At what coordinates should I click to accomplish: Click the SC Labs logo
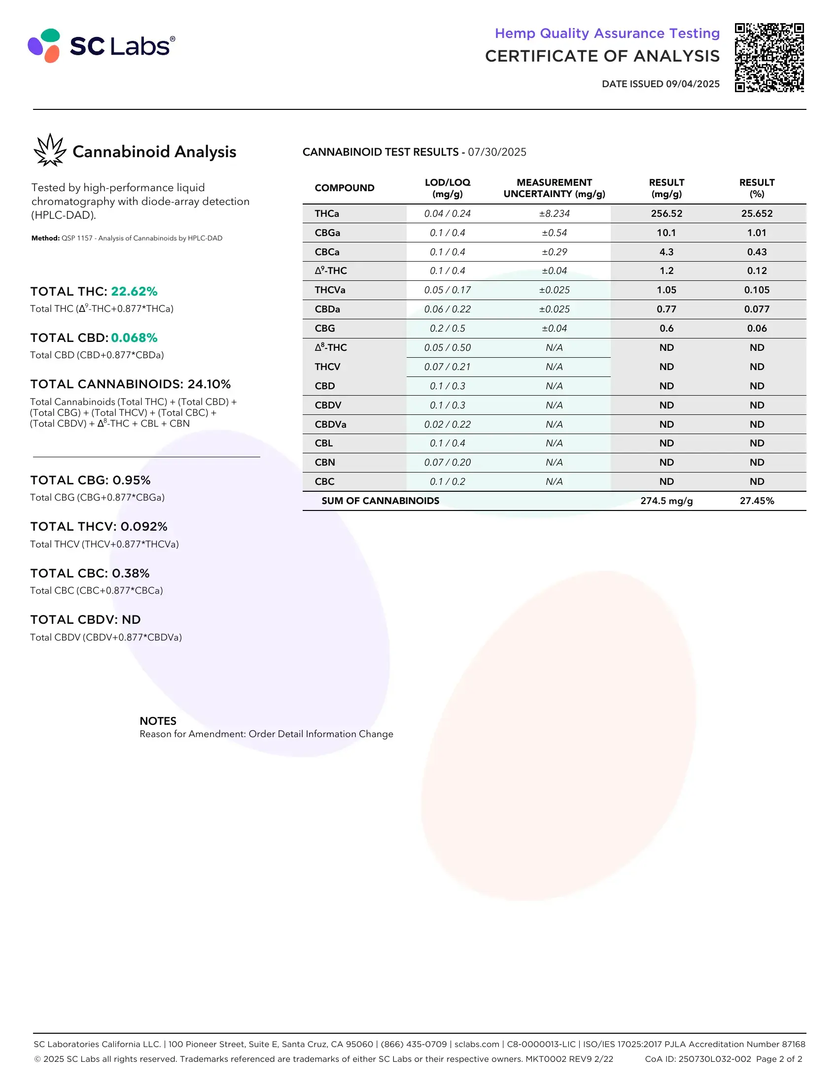coord(101,46)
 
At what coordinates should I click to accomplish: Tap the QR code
coord(769,58)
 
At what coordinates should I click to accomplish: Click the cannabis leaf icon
coord(50,150)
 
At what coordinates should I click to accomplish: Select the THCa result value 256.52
coord(666,213)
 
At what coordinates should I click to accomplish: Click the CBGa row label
coord(327,233)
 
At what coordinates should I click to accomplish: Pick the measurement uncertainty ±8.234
coord(554,213)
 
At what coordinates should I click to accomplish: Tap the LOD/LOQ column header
coord(447,188)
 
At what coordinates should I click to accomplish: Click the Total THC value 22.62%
coord(134,291)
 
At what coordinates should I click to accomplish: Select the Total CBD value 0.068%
coord(134,338)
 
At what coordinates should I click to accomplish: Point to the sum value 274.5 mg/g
coord(666,501)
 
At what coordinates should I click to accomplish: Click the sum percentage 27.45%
coord(757,501)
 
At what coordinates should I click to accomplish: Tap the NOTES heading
coord(158,721)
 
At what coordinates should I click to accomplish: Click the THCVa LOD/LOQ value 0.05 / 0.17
coord(447,290)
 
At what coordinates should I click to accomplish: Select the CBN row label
coord(325,462)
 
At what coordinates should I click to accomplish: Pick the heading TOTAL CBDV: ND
coord(85,619)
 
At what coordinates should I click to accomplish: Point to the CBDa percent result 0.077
coord(757,309)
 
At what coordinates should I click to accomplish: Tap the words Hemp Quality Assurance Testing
coord(607,33)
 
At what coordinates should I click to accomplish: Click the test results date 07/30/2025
coord(497,152)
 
